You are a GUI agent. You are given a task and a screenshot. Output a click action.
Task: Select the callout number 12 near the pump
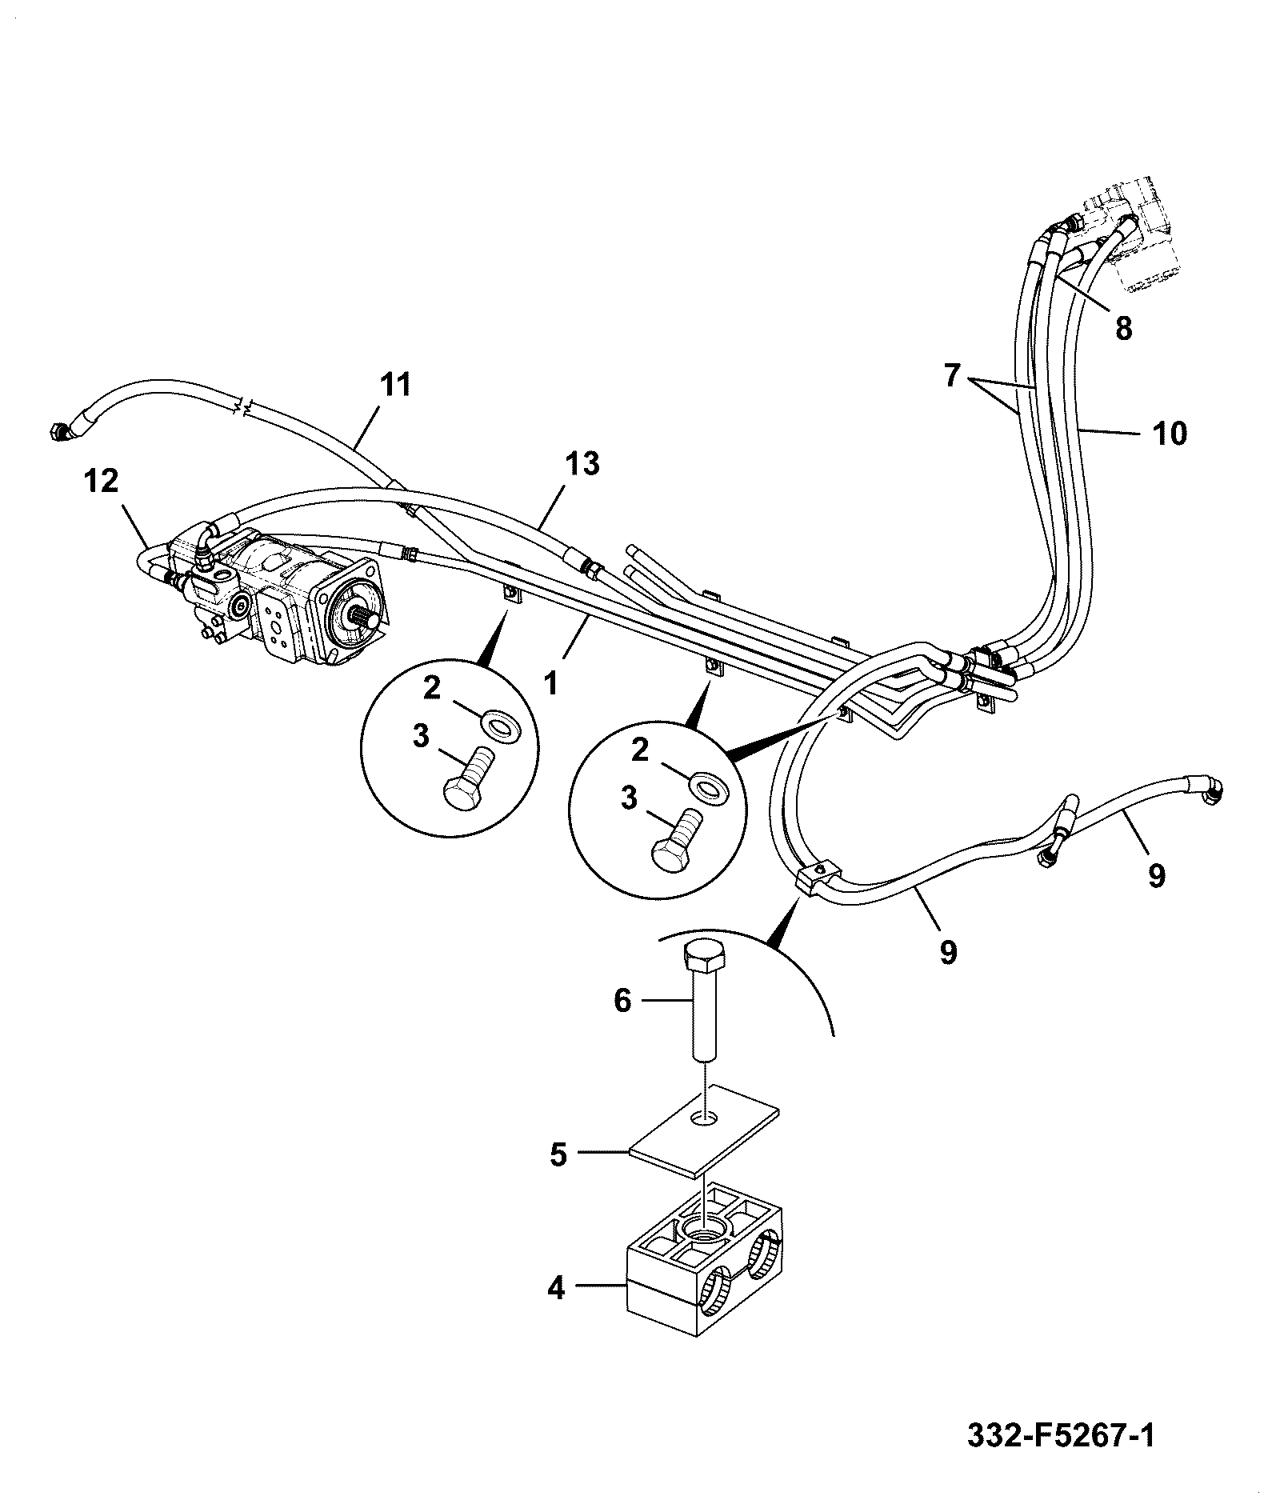100,481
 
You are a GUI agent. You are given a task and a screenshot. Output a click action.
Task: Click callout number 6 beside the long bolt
622,1001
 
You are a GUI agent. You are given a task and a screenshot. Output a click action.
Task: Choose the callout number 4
556,1289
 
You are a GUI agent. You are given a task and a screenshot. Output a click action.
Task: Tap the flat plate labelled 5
704,1130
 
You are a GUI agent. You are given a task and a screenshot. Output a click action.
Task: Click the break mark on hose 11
246,409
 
